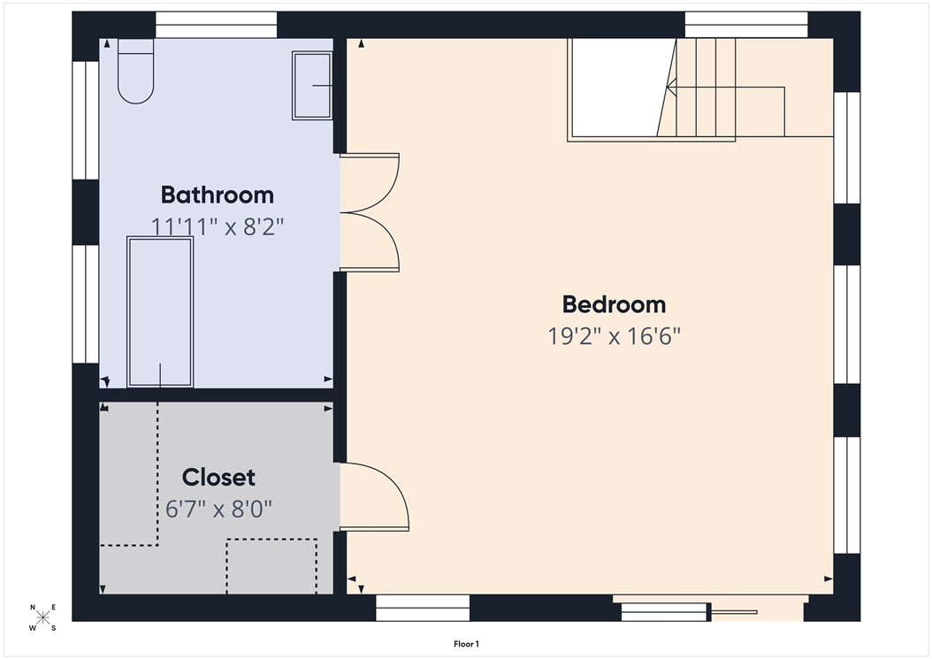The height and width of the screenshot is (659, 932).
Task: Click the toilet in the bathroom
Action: coord(135,71)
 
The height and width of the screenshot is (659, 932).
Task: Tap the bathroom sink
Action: coord(312,86)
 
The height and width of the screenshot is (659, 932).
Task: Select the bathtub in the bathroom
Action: coord(160,310)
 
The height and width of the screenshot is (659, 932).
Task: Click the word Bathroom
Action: coord(217,195)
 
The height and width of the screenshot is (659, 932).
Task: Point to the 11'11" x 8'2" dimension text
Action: coord(217,226)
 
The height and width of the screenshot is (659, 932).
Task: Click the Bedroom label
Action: coord(614,304)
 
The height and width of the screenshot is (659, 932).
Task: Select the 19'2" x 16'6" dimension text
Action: coord(614,336)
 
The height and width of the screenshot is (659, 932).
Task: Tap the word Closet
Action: coord(218,478)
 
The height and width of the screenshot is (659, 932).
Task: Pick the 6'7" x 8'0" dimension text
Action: coord(218,510)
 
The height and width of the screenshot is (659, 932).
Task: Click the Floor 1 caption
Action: coord(466,645)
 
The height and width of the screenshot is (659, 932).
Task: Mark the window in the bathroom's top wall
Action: coord(216,25)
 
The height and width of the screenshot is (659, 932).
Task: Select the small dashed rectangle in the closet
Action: coord(271,566)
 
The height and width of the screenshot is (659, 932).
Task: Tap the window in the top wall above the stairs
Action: coord(745,25)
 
